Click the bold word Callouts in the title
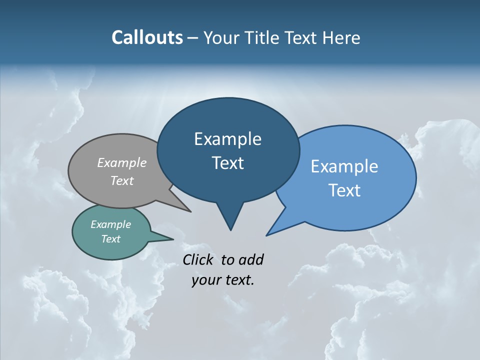point(147,37)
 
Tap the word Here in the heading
point(341,37)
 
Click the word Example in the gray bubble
point(122,163)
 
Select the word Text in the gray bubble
point(122,181)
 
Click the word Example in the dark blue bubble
point(227,139)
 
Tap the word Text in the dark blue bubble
point(227,163)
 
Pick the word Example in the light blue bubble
point(344,166)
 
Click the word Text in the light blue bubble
point(344,190)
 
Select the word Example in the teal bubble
point(110,225)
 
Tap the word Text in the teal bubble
point(110,239)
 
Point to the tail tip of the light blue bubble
point(267,234)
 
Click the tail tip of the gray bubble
point(190,211)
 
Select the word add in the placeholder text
point(251,259)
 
